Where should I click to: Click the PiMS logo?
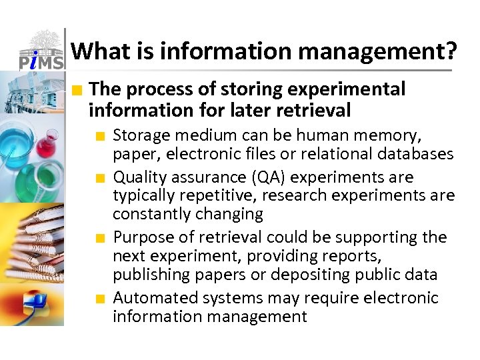coord(40,50)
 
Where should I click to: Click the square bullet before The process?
coord(79,89)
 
